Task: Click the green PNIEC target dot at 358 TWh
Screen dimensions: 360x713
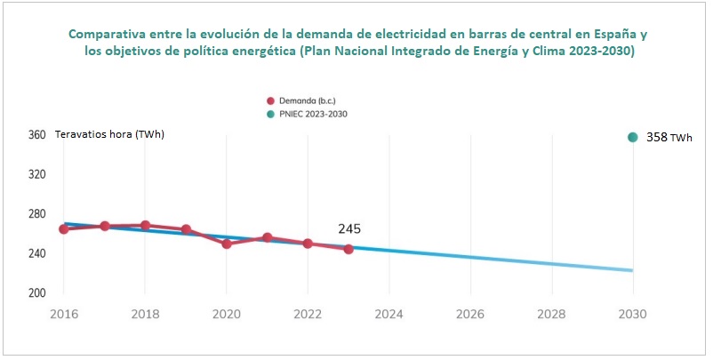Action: [x=633, y=137]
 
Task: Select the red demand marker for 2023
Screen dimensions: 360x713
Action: [x=348, y=249]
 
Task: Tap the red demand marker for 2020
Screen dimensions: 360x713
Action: [x=227, y=244]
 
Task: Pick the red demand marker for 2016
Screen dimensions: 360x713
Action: [x=64, y=229]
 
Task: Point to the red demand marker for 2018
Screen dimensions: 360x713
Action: [x=146, y=226]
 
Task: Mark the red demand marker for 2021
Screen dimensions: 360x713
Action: [x=268, y=237]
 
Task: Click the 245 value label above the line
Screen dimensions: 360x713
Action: [x=349, y=229]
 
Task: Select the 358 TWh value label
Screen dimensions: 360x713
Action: [x=669, y=138]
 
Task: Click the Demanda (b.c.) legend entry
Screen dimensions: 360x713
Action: [x=305, y=100]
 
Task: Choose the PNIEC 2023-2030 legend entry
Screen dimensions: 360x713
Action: [x=310, y=114]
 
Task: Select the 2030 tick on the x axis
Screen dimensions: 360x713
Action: [x=633, y=314]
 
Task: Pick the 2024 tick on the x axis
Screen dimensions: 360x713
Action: [x=389, y=314]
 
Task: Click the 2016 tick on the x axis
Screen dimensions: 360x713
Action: [x=64, y=314]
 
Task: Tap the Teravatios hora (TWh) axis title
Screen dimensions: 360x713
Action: [x=110, y=134]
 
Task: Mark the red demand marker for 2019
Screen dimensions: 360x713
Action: [x=186, y=229]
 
